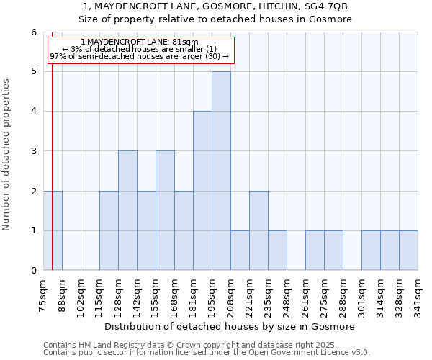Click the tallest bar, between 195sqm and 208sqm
(x=221, y=171)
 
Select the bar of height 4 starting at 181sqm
(x=202, y=191)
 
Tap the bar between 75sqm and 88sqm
(x=53, y=230)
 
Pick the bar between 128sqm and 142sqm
(x=127, y=210)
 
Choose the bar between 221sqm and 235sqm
(x=258, y=230)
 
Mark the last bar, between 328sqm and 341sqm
(x=408, y=251)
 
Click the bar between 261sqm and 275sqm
(x=315, y=251)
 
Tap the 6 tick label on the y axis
(x=33, y=32)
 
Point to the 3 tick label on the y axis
(x=33, y=151)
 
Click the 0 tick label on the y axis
(x=33, y=271)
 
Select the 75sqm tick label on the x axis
(x=43, y=295)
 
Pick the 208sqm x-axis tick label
(x=230, y=295)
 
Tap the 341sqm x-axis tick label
(x=418, y=295)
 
